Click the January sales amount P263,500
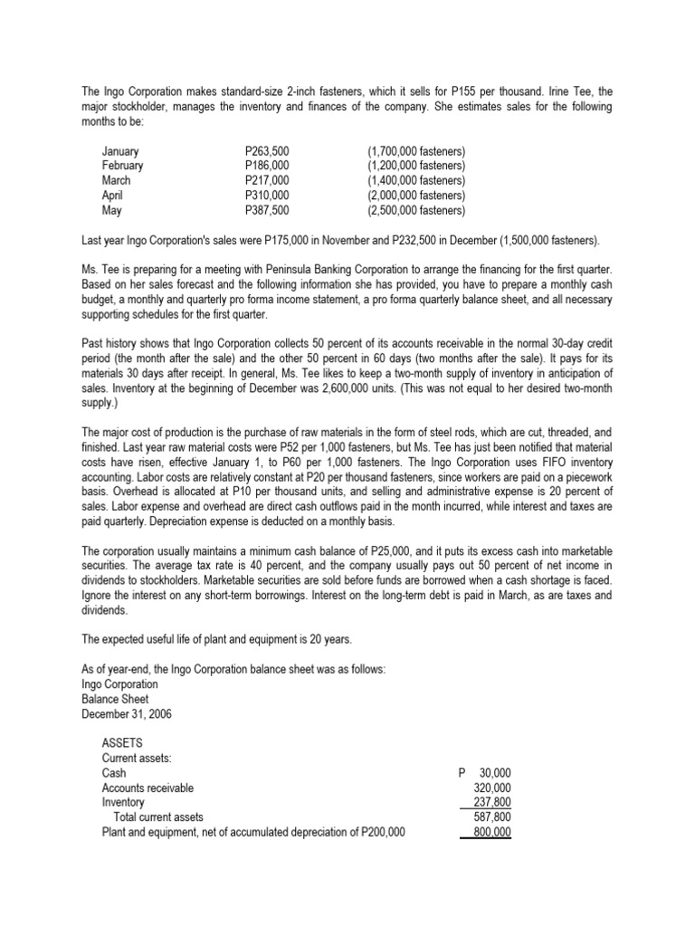267,151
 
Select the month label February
122,166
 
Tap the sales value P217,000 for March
267,180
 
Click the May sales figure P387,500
267,209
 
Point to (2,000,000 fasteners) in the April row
416,195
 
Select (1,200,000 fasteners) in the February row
416,166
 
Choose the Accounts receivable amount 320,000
492,788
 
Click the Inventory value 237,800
492,802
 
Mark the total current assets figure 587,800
492,817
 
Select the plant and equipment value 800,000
492,831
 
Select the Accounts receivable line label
148,788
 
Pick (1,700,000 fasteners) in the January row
416,151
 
